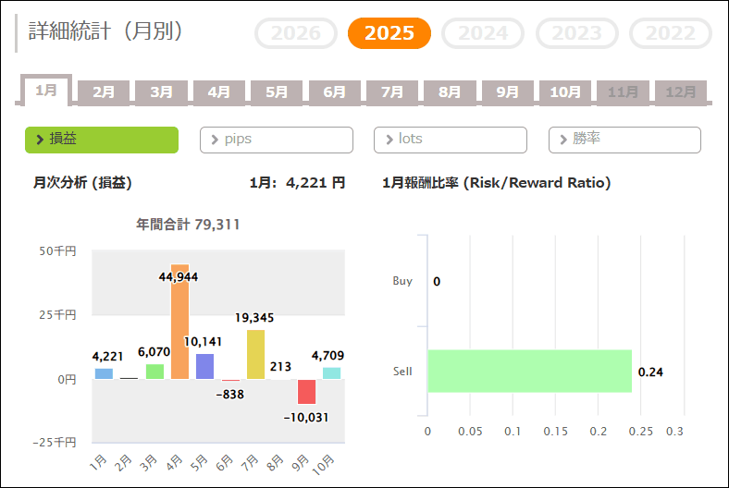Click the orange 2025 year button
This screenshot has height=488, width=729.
389,33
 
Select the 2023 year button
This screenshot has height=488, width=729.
577,33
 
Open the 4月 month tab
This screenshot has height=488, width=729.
219,91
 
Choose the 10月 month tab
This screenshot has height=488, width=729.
565,91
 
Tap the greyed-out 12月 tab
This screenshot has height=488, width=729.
681,91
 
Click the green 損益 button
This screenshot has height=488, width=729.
102,140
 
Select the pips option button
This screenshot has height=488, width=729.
277,140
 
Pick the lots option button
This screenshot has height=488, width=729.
451,140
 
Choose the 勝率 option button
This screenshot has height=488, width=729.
624,140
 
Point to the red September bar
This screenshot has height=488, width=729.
306,392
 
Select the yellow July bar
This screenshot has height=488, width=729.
255,355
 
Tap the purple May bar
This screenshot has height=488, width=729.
204,366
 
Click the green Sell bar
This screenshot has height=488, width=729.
529,371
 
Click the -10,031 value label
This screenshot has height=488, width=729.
305,417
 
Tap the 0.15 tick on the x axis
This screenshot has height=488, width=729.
555,432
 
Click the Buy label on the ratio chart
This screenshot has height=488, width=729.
402,281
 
